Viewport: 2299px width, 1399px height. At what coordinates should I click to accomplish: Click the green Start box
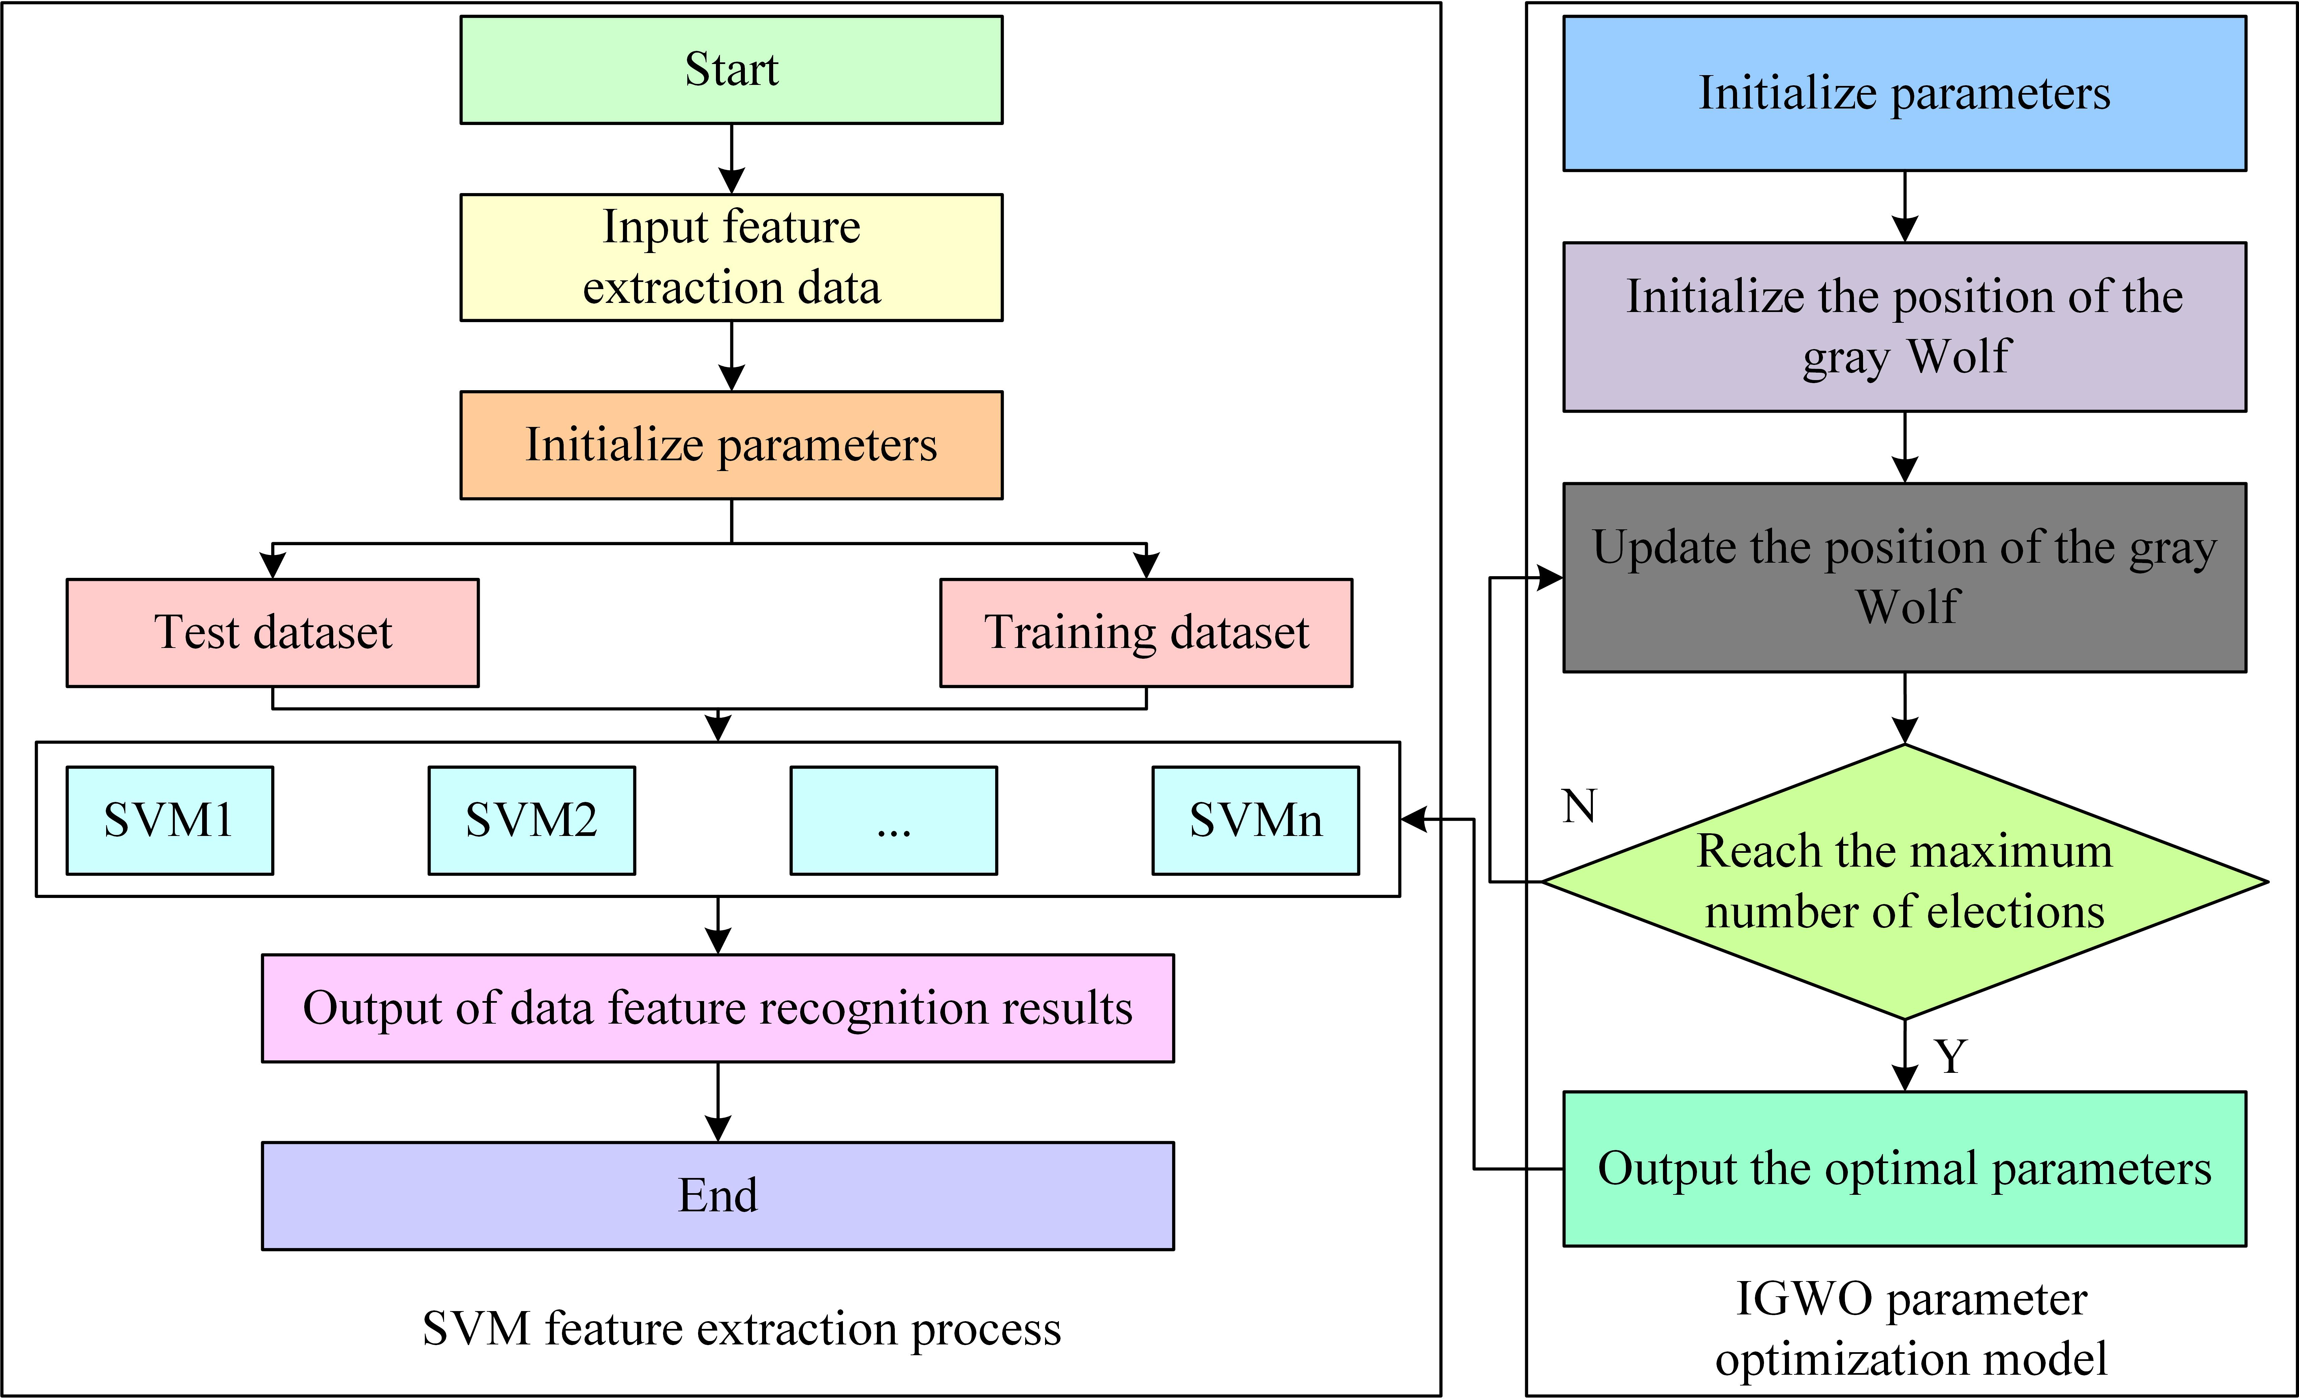(731, 70)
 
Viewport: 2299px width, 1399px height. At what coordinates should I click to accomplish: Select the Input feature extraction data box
(731, 257)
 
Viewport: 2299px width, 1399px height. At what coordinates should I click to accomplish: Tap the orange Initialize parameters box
(731, 445)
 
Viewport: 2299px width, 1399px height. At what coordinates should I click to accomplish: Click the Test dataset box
(273, 633)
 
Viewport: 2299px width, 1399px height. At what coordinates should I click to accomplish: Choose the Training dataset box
(1146, 633)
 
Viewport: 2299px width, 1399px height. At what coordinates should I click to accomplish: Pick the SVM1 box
(170, 820)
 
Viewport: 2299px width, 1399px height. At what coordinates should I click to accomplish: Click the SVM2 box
(532, 820)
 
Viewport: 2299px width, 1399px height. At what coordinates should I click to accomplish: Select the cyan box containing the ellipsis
(894, 820)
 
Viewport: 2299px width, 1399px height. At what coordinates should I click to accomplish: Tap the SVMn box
(1256, 820)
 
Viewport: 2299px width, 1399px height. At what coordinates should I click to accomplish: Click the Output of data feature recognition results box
(718, 1008)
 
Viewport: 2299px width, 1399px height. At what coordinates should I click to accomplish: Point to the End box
(718, 1195)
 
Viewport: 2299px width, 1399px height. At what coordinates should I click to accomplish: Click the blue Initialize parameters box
(1904, 93)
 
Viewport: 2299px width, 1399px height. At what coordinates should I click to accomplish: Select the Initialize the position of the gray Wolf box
(1904, 327)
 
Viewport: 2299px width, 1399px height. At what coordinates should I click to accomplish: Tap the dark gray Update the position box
(1904, 578)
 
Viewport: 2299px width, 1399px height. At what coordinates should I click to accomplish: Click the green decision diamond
(1904, 881)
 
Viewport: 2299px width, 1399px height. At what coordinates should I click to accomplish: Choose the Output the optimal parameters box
(1904, 1169)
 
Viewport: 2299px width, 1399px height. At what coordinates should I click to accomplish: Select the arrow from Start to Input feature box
(731, 159)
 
